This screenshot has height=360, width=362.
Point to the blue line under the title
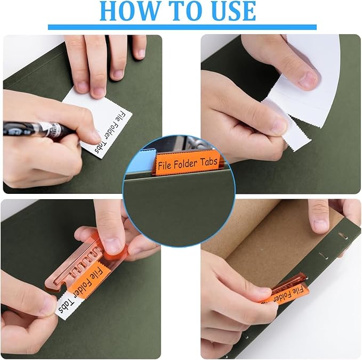[182, 27]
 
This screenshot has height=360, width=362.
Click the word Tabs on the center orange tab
[210, 158]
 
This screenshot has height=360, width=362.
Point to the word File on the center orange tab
[166, 163]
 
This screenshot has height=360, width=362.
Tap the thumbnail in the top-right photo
[308, 80]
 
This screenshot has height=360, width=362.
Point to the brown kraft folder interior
[267, 234]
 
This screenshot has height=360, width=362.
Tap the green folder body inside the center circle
[181, 202]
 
